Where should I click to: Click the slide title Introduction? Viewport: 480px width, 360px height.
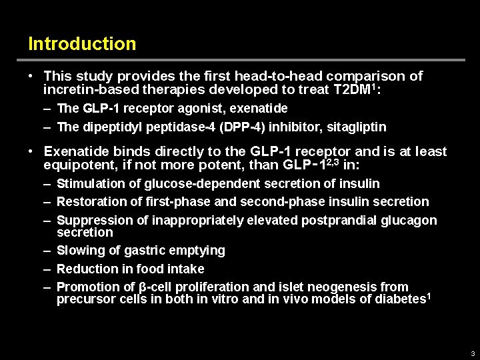82,44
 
